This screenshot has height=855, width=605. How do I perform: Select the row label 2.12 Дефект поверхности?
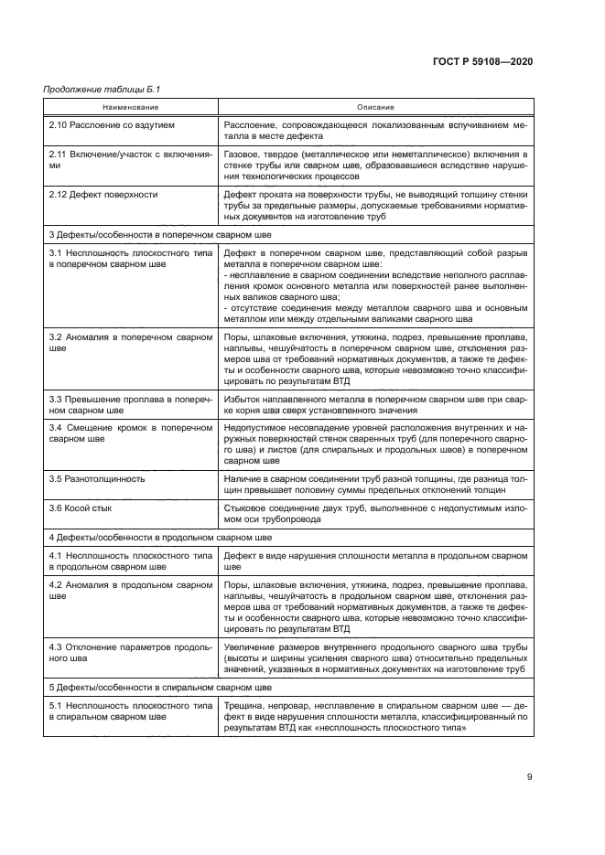103,194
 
